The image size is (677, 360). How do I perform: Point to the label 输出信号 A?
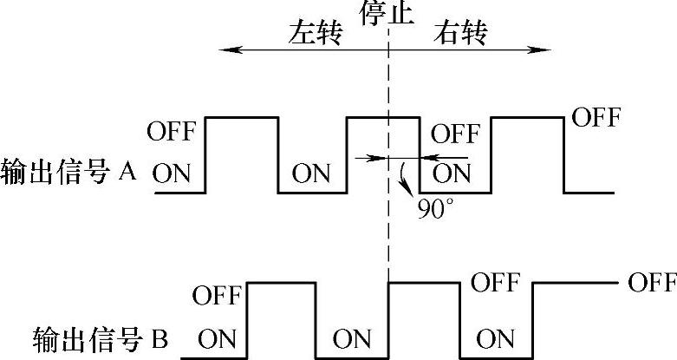point(70,170)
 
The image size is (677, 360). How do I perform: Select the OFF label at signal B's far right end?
point(652,283)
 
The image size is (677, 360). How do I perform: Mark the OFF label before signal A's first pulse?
point(172,133)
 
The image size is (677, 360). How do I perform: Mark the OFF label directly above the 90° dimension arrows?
point(455,134)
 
